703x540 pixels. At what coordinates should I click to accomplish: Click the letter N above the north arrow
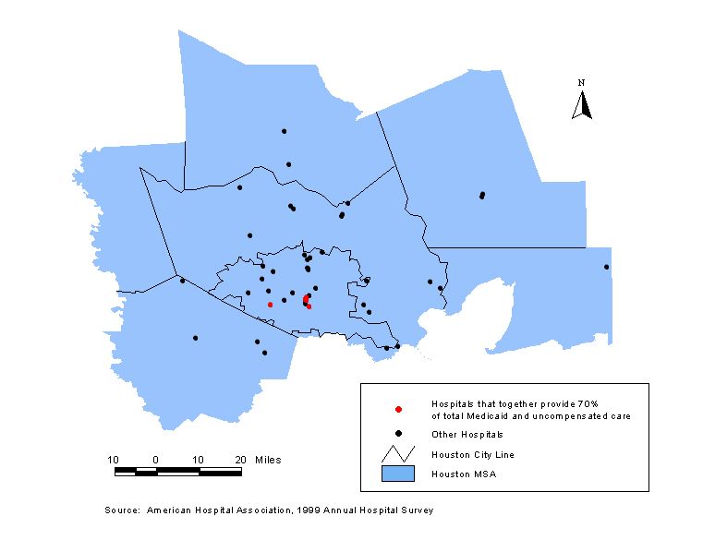(582, 83)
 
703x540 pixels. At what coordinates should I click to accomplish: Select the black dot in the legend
(397, 434)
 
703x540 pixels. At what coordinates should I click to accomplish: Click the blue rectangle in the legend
(397, 474)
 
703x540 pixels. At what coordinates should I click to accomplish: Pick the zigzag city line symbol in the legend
(397, 453)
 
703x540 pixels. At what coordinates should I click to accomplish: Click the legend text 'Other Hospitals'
(467, 434)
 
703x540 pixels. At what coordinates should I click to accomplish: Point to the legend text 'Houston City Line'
(472, 454)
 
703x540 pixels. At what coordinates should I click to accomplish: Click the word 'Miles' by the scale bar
(269, 459)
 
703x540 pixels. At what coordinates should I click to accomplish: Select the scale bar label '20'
(240, 459)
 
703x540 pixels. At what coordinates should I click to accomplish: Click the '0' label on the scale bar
(156, 459)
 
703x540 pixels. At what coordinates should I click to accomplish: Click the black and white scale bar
(177, 472)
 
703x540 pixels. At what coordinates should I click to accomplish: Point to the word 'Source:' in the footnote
(122, 510)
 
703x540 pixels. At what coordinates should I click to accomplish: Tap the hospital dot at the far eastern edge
(606, 267)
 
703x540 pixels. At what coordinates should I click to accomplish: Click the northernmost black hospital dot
(284, 131)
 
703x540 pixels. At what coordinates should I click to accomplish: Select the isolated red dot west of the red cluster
(270, 304)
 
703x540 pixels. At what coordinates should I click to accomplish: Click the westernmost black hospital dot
(182, 281)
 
